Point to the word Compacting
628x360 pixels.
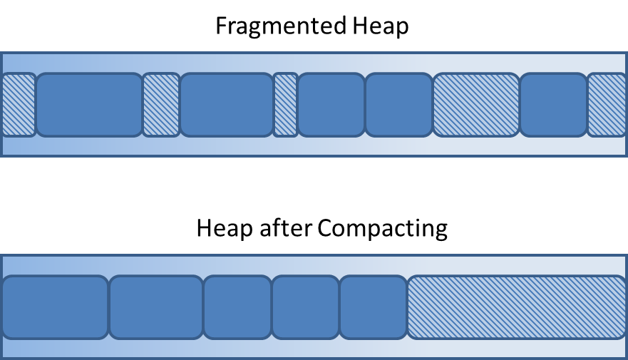click(x=382, y=229)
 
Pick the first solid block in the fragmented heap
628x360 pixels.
click(x=89, y=105)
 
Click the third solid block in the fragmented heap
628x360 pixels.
click(x=331, y=105)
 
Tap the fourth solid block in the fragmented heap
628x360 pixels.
click(x=398, y=105)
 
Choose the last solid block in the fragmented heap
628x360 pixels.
click(x=553, y=105)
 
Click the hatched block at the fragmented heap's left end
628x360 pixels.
click(x=18, y=105)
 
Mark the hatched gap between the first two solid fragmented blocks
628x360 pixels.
click(x=160, y=105)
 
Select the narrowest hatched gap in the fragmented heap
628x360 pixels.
click(x=286, y=105)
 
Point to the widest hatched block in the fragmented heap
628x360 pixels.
click(x=476, y=105)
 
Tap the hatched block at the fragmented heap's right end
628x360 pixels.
click(x=607, y=105)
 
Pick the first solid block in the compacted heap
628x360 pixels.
click(x=56, y=307)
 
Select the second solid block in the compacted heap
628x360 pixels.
click(x=155, y=307)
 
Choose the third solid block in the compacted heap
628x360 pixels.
click(x=237, y=307)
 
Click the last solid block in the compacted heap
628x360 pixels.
click(x=373, y=307)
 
